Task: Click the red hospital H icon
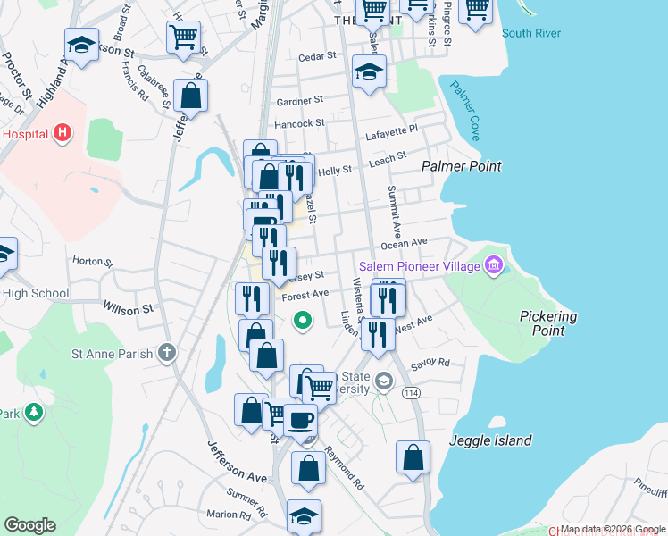click(x=62, y=134)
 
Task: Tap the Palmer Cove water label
click(x=465, y=111)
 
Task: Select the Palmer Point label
click(x=461, y=166)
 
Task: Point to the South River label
click(x=531, y=34)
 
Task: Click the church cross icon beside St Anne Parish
click(x=166, y=353)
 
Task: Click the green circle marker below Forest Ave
click(x=303, y=319)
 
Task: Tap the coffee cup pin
click(x=301, y=418)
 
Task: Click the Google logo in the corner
click(x=29, y=525)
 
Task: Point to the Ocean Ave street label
click(x=405, y=243)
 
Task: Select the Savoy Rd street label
click(x=430, y=364)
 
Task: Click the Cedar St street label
click(x=317, y=55)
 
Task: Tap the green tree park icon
click(x=33, y=412)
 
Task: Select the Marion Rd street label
click(x=228, y=515)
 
